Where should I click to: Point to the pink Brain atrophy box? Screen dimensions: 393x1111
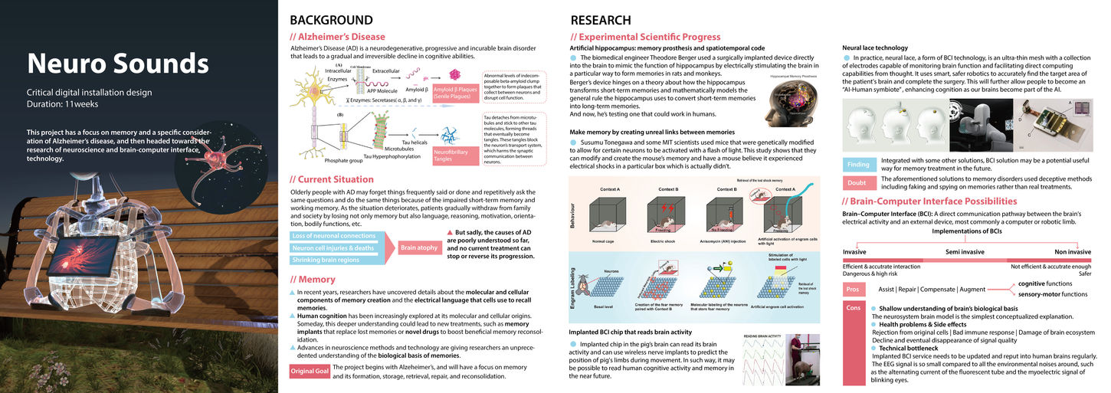coord(418,248)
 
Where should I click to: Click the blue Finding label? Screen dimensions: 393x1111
coord(857,164)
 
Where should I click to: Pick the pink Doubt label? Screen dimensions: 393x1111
coord(857,182)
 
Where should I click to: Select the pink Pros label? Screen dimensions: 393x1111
coord(854,289)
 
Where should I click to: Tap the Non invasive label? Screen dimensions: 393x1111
coord(1072,251)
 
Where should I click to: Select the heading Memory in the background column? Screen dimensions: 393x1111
coord(313,280)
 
